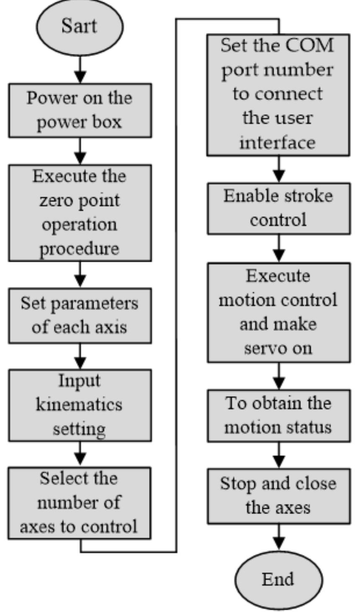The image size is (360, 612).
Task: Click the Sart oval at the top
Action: [80, 26]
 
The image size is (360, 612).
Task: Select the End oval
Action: [278, 580]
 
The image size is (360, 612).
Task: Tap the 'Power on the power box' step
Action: [80, 110]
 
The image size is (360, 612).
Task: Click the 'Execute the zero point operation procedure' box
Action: [80, 213]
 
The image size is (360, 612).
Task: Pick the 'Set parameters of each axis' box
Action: [80, 315]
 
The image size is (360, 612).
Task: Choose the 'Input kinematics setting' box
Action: [80, 405]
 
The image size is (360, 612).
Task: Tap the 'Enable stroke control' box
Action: [278, 208]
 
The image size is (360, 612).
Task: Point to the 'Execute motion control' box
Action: [278, 312]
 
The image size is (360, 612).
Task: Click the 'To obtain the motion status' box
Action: [278, 415]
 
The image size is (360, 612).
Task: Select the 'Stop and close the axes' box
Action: [278, 496]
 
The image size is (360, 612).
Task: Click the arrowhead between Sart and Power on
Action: [80, 77]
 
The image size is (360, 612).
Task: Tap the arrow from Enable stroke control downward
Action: [279, 254]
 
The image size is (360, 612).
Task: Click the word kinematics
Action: [79, 405]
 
